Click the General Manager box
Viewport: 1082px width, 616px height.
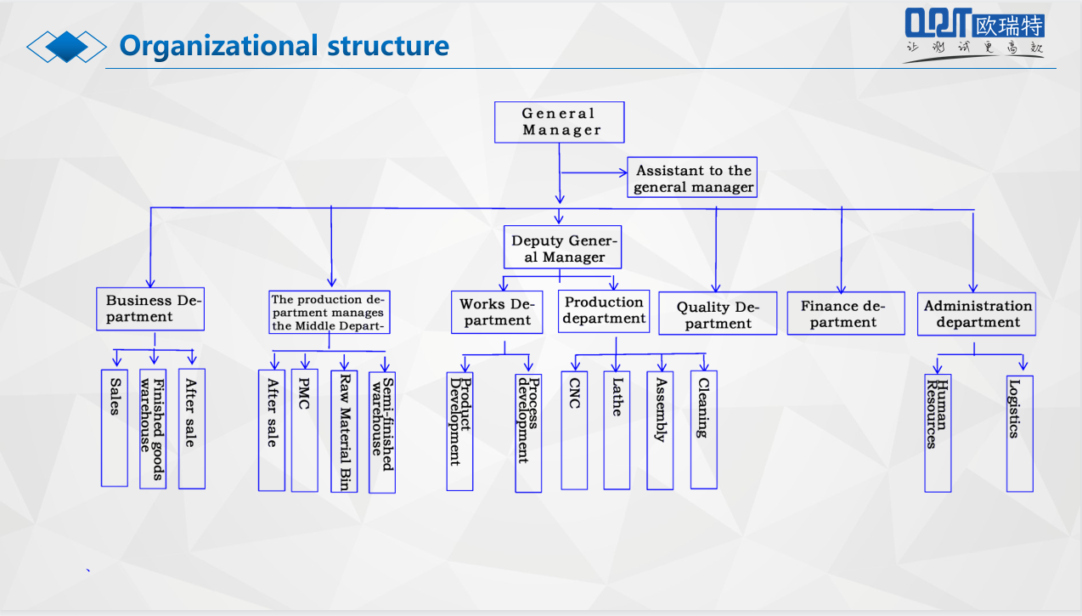click(560, 122)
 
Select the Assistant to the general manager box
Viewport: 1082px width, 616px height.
click(692, 178)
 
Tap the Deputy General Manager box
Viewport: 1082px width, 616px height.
click(563, 247)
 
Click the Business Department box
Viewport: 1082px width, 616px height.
click(150, 308)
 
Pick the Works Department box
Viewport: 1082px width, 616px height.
click(497, 312)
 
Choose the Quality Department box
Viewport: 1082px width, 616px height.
click(718, 314)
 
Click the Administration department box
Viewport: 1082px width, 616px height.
click(977, 314)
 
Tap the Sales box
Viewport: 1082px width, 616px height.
click(115, 427)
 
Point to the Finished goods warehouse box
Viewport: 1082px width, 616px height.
click(153, 428)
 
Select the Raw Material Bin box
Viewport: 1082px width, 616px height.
click(344, 431)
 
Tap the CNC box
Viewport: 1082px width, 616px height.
click(574, 429)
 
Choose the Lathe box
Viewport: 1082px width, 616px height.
click(617, 429)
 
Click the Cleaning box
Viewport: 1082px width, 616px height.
click(703, 429)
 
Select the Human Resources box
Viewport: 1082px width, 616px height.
click(938, 432)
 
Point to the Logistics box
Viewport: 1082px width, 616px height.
click(1019, 433)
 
